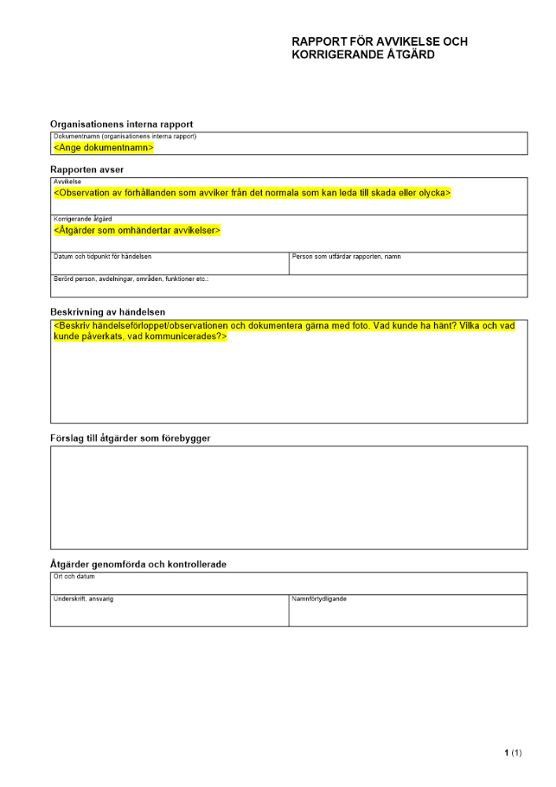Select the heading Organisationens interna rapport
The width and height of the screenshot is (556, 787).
pos(121,124)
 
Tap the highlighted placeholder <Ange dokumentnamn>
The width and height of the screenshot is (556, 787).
pos(103,147)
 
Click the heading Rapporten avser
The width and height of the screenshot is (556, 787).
pos(87,169)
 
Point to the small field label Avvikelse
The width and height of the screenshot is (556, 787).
pos(67,181)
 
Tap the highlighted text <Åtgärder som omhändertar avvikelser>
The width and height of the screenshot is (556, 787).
pos(137,230)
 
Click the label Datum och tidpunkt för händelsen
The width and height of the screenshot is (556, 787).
pos(102,257)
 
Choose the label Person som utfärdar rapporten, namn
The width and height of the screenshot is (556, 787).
pos(346,257)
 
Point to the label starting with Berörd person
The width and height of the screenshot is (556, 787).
pos(131,279)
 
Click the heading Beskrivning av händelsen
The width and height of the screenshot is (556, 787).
pos(108,312)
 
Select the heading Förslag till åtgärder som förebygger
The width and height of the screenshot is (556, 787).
pos(131,438)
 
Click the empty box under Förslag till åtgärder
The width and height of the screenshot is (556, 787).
pos(289,497)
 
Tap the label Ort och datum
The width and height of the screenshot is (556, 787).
pos(73,577)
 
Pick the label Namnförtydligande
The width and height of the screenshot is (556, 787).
pos(319,599)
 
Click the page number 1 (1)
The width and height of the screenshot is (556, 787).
pos(513,753)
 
